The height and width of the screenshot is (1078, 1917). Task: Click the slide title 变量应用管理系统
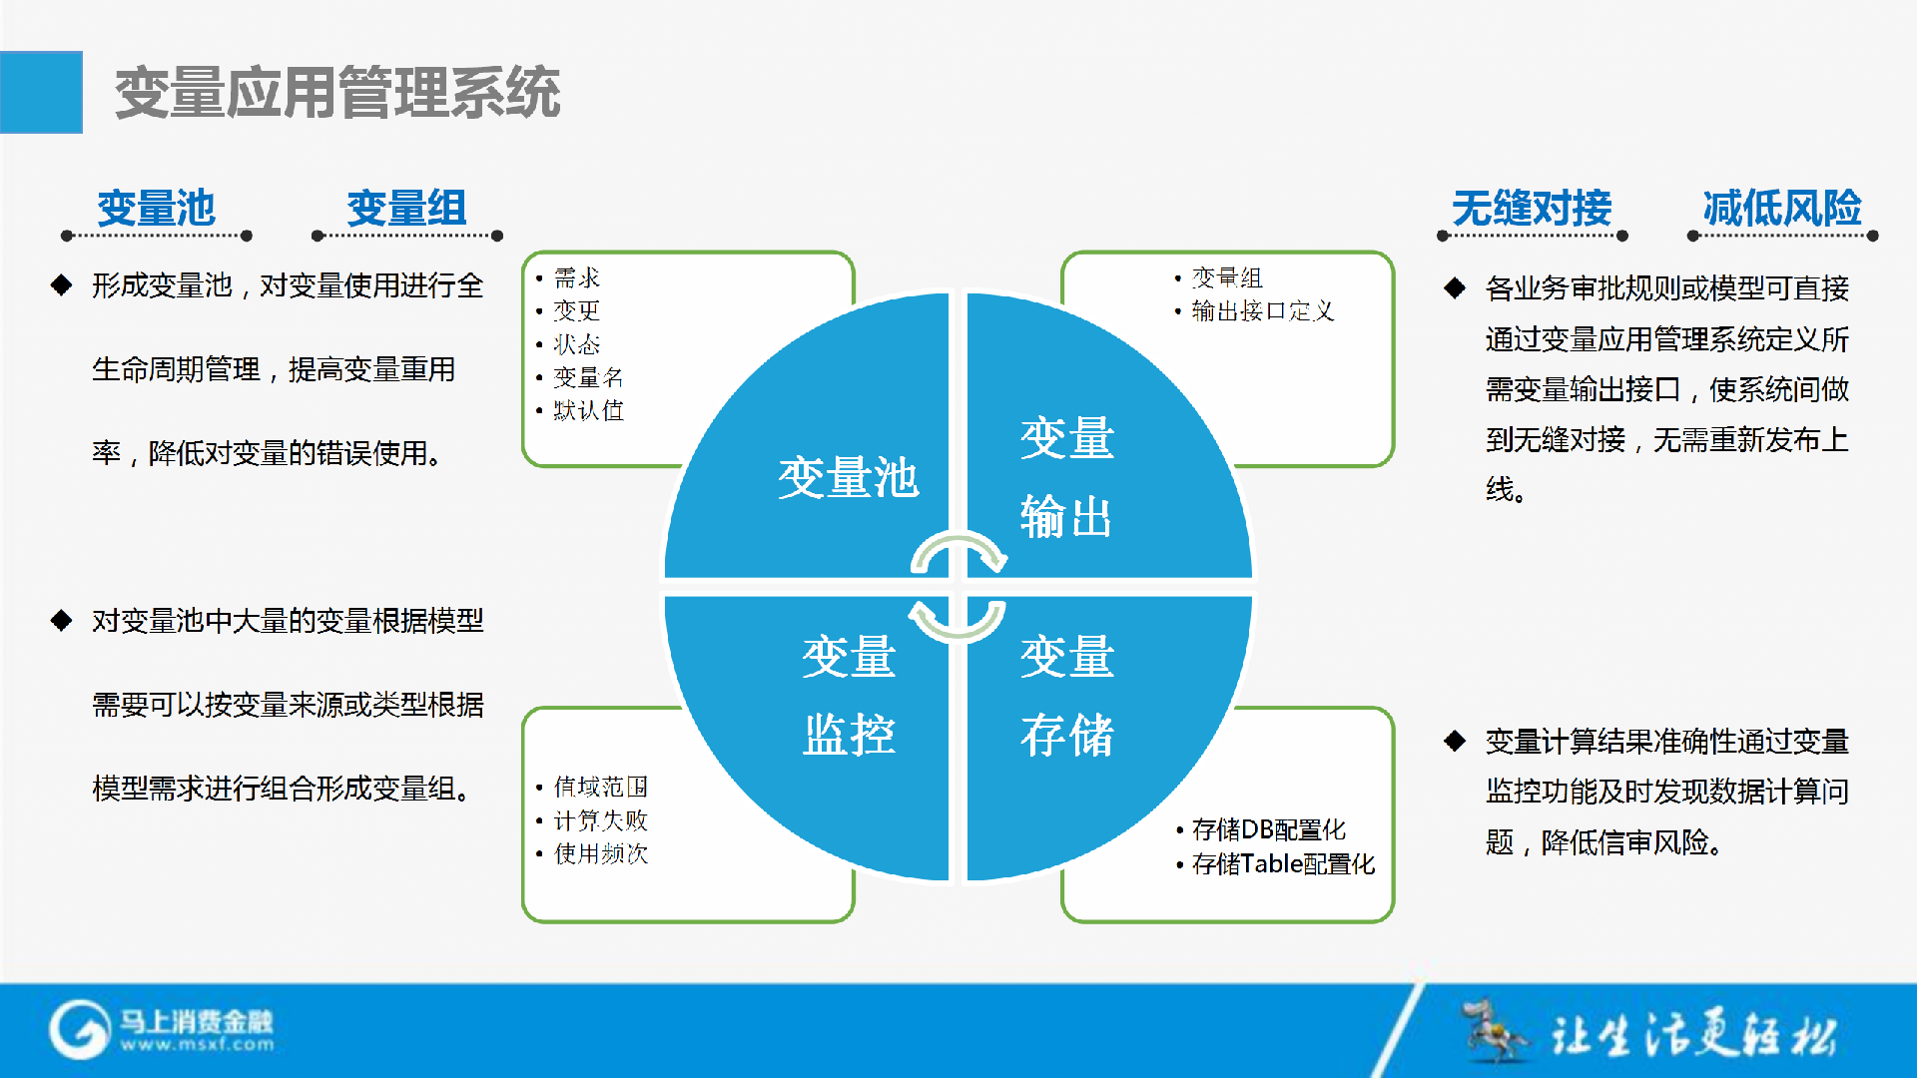(337, 93)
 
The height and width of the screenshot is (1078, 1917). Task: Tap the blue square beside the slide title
(41, 92)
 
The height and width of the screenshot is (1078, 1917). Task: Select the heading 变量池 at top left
(157, 208)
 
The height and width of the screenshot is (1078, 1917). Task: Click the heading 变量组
(406, 208)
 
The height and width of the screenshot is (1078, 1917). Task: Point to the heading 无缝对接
(1532, 208)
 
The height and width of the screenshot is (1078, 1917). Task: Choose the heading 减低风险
(1782, 208)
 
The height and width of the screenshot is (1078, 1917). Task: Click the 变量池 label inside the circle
(848, 477)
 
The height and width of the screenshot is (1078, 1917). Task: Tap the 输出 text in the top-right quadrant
(1066, 517)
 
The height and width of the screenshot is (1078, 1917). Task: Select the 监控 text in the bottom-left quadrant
(849, 735)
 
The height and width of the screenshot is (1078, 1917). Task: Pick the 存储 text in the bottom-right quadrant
(1066, 735)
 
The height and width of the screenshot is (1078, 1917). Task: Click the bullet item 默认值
(588, 410)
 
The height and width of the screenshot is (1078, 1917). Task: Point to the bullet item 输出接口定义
(1263, 311)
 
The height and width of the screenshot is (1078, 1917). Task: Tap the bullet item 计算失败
(600, 820)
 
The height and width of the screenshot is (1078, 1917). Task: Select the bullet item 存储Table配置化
(1283, 863)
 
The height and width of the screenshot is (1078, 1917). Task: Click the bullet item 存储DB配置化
(1268, 829)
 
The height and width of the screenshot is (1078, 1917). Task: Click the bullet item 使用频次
(600, 853)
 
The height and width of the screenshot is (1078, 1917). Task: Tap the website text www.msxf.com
(197, 1045)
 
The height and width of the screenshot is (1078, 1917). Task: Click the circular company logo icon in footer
(80, 1029)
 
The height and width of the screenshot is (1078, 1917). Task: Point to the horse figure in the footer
(1494, 1029)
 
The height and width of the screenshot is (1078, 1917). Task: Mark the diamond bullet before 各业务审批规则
(1455, 288)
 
